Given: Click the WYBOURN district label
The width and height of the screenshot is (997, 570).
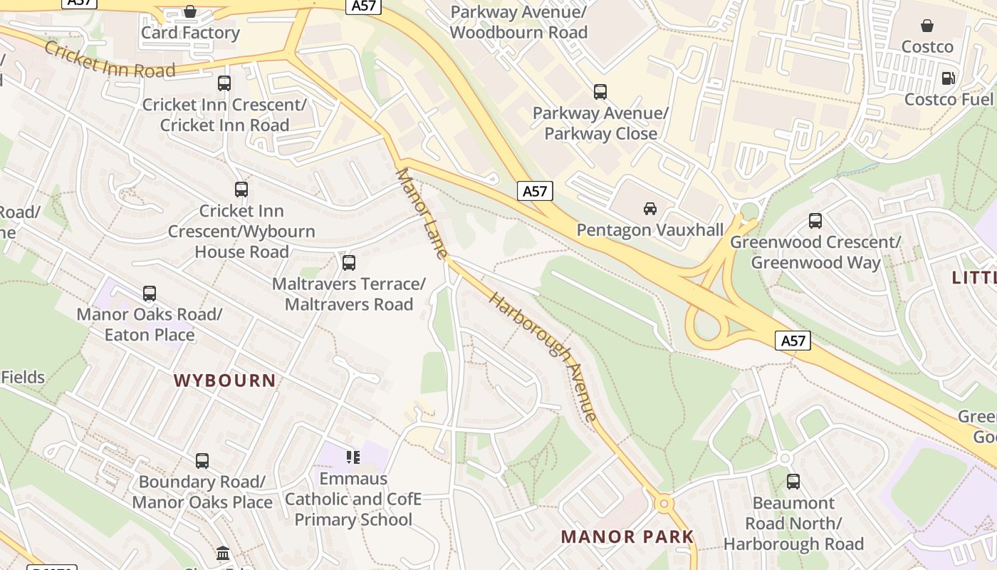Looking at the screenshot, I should [225, 380].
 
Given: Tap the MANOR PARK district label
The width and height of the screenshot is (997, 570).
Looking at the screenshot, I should [627, 537].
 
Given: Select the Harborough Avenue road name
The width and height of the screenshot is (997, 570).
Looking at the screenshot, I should [543, 356].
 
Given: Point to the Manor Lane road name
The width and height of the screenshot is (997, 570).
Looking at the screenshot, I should [422, 213].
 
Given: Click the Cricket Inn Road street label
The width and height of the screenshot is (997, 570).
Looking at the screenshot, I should [110, 60].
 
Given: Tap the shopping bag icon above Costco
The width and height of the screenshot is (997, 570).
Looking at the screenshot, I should [927, 26].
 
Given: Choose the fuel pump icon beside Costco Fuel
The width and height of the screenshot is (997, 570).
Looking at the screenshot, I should [948, 78].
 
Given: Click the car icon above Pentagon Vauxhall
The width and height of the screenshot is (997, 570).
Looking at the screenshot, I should [649, 209].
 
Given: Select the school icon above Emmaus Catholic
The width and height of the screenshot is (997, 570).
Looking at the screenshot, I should [353, 457].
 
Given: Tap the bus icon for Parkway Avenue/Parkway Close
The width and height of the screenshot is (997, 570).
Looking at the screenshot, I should [600, 92].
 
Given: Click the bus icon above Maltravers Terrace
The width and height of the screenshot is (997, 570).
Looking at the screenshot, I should [349, 263].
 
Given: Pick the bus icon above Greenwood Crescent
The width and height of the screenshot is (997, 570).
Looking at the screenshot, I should [815, 221].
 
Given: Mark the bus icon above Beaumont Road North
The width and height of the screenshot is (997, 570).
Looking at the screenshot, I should [793, 482].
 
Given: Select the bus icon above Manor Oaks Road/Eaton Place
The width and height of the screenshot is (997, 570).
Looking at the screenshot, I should [150, 294].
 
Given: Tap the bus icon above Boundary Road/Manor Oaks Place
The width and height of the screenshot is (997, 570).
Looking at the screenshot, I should [202, 461].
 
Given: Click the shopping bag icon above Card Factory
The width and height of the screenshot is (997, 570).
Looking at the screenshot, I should [190, 11].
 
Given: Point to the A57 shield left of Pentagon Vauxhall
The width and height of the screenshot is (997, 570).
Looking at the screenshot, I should [535, 191].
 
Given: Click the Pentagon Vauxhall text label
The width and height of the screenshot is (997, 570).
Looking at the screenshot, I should [649, 230].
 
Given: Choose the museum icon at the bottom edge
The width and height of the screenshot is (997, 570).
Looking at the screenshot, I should [223, 553].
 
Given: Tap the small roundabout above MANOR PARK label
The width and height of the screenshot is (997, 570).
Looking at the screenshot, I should [664, 504].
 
